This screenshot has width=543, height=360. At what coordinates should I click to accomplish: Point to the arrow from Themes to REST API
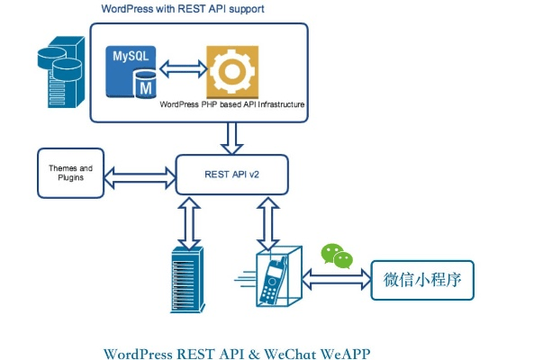[x=140, y=174]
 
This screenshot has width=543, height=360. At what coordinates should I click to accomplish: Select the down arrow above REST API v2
[x=231, y=138]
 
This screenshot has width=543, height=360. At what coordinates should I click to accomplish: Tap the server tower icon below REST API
[x=186, y=281]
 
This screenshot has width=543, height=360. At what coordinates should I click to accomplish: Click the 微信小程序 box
[x=422, y=280]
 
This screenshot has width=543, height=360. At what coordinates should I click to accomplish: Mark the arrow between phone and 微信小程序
[x=339, y=280]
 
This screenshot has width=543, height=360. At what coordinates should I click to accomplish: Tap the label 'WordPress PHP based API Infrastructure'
[x=232, y=105]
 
